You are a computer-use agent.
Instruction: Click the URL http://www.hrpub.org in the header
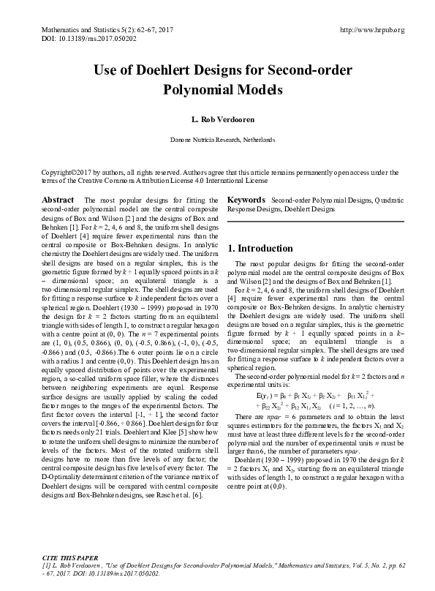(x=373, y=30)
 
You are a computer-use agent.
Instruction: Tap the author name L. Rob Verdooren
(x=217, y=119)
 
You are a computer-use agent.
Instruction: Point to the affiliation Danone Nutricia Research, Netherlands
(x=217, y=139)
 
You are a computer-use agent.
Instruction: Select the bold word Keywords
(x=246, y=200)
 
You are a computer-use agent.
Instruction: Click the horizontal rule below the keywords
(x=316, y=221)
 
